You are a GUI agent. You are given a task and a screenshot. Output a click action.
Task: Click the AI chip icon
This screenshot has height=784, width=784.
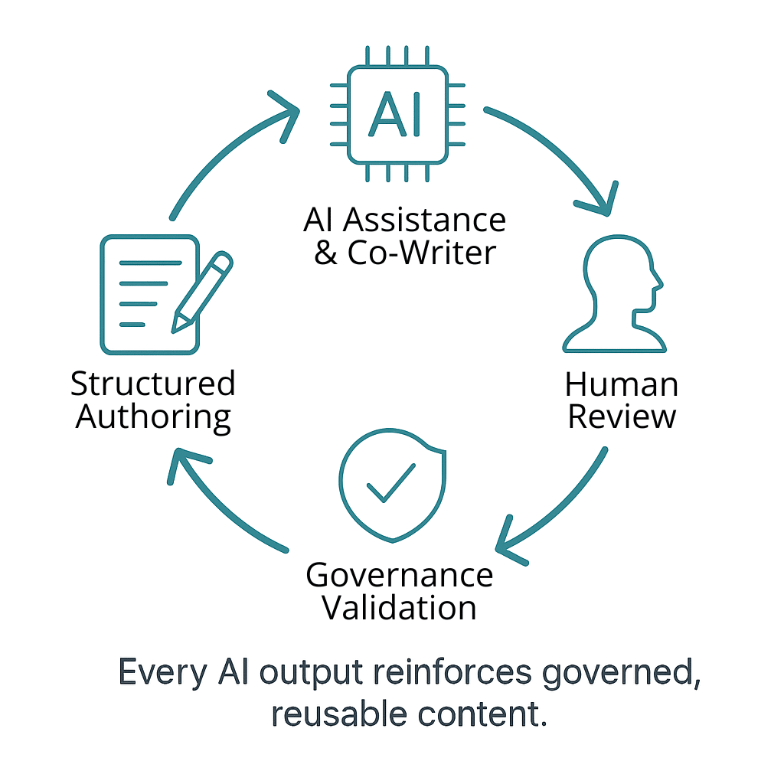397,114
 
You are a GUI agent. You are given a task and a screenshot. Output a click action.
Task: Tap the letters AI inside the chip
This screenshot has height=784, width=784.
396,115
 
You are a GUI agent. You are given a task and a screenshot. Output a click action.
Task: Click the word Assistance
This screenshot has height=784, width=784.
424,220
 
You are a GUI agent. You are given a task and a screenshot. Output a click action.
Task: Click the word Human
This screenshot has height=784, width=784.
622,384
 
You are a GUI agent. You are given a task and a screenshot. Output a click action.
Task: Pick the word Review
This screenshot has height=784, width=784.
622,416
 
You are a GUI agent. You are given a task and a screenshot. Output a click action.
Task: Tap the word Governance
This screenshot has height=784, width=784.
399,576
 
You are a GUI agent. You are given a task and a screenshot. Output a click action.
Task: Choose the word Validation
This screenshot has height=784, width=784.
399,608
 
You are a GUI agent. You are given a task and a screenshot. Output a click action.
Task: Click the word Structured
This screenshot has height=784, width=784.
153,384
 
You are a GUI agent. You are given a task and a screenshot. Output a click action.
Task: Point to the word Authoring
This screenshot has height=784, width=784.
153,417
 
